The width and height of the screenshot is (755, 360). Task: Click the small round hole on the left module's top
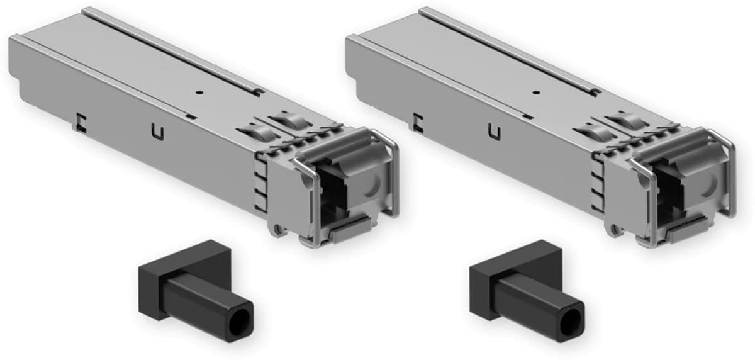point(199,92)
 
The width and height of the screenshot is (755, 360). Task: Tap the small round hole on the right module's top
point(536,92)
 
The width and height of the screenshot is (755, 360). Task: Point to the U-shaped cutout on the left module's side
point(157,132)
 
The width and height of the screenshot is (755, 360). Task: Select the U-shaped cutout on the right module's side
point(495,132)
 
